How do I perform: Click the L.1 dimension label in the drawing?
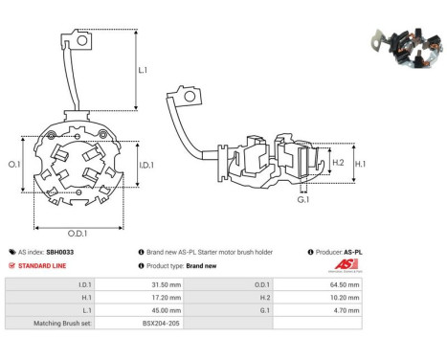pyautogui.click(x=143, y=70)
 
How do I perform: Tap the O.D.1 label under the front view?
pyautogui.click(x=78, y=234)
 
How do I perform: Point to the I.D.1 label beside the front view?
pyautogui.click(x=146, y=165)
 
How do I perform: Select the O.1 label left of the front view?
pyautogui.click(x=14, y=165)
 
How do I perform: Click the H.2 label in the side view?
pyautogui.click(x=338, y=163)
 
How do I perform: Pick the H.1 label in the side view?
pyautogui.click(x=361, y=164)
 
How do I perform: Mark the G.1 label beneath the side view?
pyautogui.click(x=303, y=200)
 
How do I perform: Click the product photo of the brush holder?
pyautogui.click(x=406, y=48)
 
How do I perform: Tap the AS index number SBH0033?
pyautogui.click(x=60, y=252)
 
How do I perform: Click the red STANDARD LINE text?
pyautogui.click(x=42, y=266)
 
